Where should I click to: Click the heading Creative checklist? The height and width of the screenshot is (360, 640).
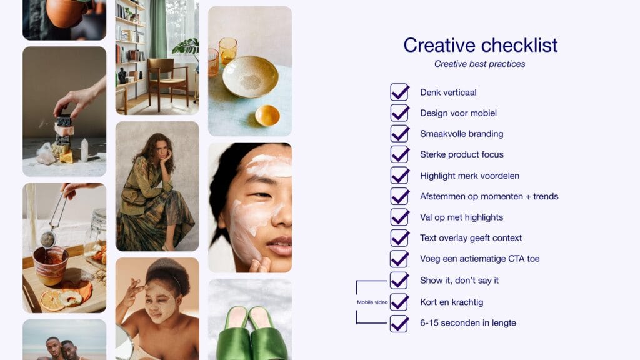480,45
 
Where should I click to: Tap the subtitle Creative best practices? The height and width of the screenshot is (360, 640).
479,64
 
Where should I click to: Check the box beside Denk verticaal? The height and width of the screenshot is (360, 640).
399,92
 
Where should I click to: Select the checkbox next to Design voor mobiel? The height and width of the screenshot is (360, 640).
399,113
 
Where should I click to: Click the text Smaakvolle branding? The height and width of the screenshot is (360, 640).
461,134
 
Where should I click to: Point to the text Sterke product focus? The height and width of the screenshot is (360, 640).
461,154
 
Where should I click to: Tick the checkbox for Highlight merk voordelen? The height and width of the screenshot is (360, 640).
399,176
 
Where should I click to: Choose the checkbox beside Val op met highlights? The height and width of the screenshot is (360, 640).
399,217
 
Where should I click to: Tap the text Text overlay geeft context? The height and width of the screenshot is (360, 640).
471,238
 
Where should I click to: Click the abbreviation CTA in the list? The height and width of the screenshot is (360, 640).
517,259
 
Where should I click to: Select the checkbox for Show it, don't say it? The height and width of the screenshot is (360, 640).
399,281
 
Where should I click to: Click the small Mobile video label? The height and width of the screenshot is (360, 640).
372,302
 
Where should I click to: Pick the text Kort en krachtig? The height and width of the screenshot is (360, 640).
451,302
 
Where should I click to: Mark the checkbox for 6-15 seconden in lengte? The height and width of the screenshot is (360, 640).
399,324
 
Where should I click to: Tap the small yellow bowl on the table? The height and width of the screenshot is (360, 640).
267,115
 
